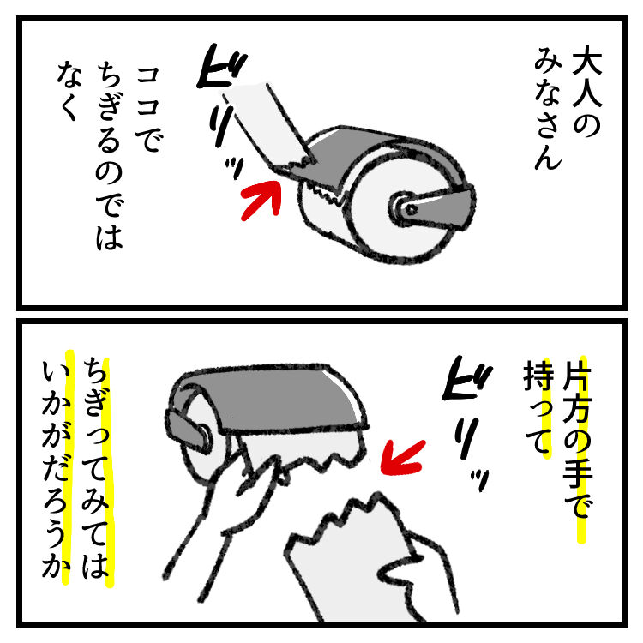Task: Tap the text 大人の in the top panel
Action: coord(586,94)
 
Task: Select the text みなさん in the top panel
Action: coord(548,108)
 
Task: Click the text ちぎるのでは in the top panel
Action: coord(109,155)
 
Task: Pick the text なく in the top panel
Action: coord(69,91)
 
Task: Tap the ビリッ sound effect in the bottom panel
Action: coord(467,423)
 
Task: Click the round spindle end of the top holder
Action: coord(405,208)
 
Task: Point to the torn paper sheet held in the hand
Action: coord(349,562)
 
